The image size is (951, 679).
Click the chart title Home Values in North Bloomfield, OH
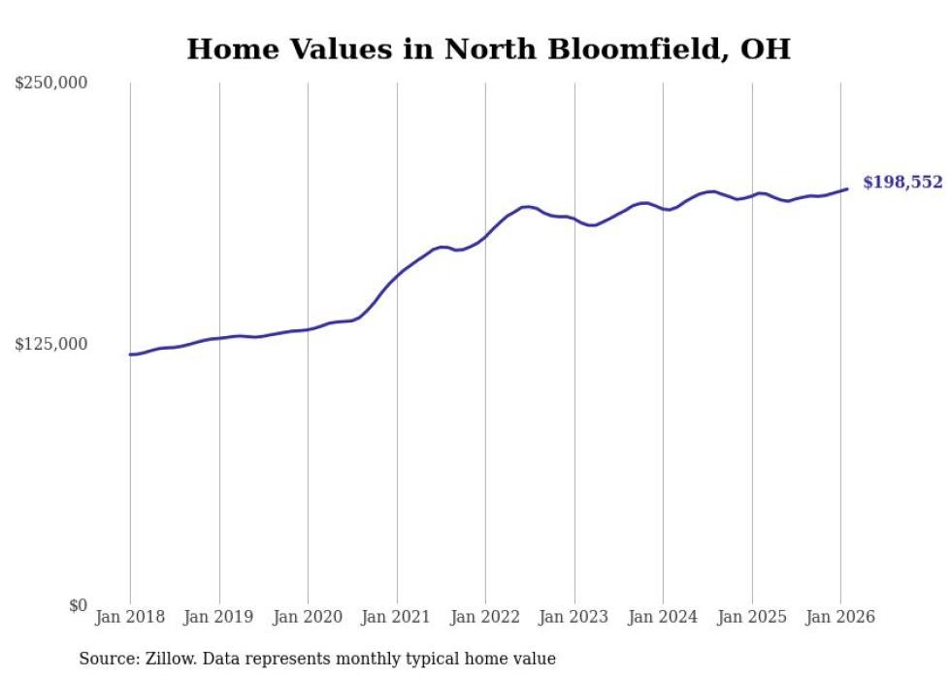coord(488,49)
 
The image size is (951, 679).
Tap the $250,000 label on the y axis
coord(51,84)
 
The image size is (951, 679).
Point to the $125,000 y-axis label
coord(51,344)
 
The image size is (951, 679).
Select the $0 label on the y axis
coord(78,605)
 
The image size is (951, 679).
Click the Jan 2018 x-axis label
coord(130,618)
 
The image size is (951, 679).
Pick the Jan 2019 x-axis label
coord(219,618)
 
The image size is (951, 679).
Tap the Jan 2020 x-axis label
coord(308,618)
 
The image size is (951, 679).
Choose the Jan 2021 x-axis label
coord(397,618)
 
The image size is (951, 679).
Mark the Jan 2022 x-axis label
coord(485,618)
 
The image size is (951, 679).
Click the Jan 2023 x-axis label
coord(574,618)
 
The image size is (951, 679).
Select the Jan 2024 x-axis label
coord(663,618)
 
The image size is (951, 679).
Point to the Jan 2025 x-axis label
coord(752,618)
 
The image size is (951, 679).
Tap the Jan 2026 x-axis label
coord(840,618)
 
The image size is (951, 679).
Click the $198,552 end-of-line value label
coord(902,183)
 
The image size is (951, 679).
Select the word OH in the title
coord(765,49)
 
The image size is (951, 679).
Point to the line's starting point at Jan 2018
coord(130,355)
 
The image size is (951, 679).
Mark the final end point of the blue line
coord(847,189)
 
